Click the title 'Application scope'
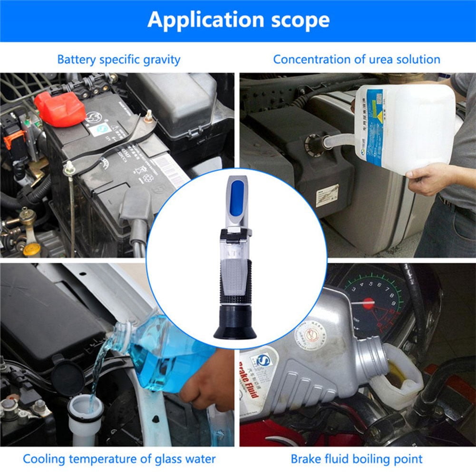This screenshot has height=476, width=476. (x=238, y=20)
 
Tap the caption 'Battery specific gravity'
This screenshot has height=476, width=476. (x=119, y=59)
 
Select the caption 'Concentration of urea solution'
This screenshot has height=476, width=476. (x=356, y=59)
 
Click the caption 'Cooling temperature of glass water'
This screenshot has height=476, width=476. (x=119, y=459)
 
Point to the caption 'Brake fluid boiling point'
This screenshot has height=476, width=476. (x=356, y=459)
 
